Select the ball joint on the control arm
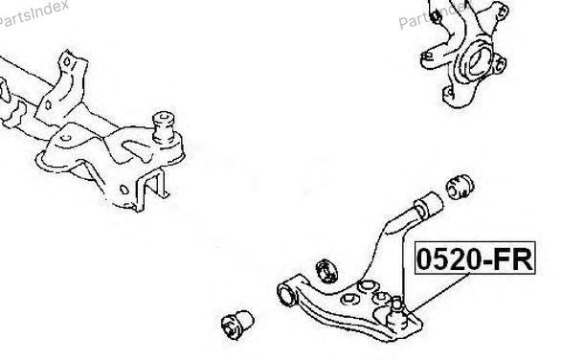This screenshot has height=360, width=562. click(398, 312)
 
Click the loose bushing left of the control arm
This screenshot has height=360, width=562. click(237, 324)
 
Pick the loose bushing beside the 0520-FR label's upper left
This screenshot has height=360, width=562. click(461, 187)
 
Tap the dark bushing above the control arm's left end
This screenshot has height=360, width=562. click(326, 271)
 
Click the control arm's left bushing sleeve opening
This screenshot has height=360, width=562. click(286, 294)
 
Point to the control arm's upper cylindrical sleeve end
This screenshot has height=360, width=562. click(429, 205)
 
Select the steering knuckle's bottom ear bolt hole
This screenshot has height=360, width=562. click(448, 94)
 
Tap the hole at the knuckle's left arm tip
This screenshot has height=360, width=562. click(427, 56)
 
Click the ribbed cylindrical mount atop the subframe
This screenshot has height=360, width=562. click(164, 127)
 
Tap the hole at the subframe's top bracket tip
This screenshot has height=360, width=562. click(67, 61)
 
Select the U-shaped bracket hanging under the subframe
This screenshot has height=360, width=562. click(151, 190)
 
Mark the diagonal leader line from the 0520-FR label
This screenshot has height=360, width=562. click(439, 292)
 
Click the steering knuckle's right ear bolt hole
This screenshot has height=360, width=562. click(499, 64)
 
